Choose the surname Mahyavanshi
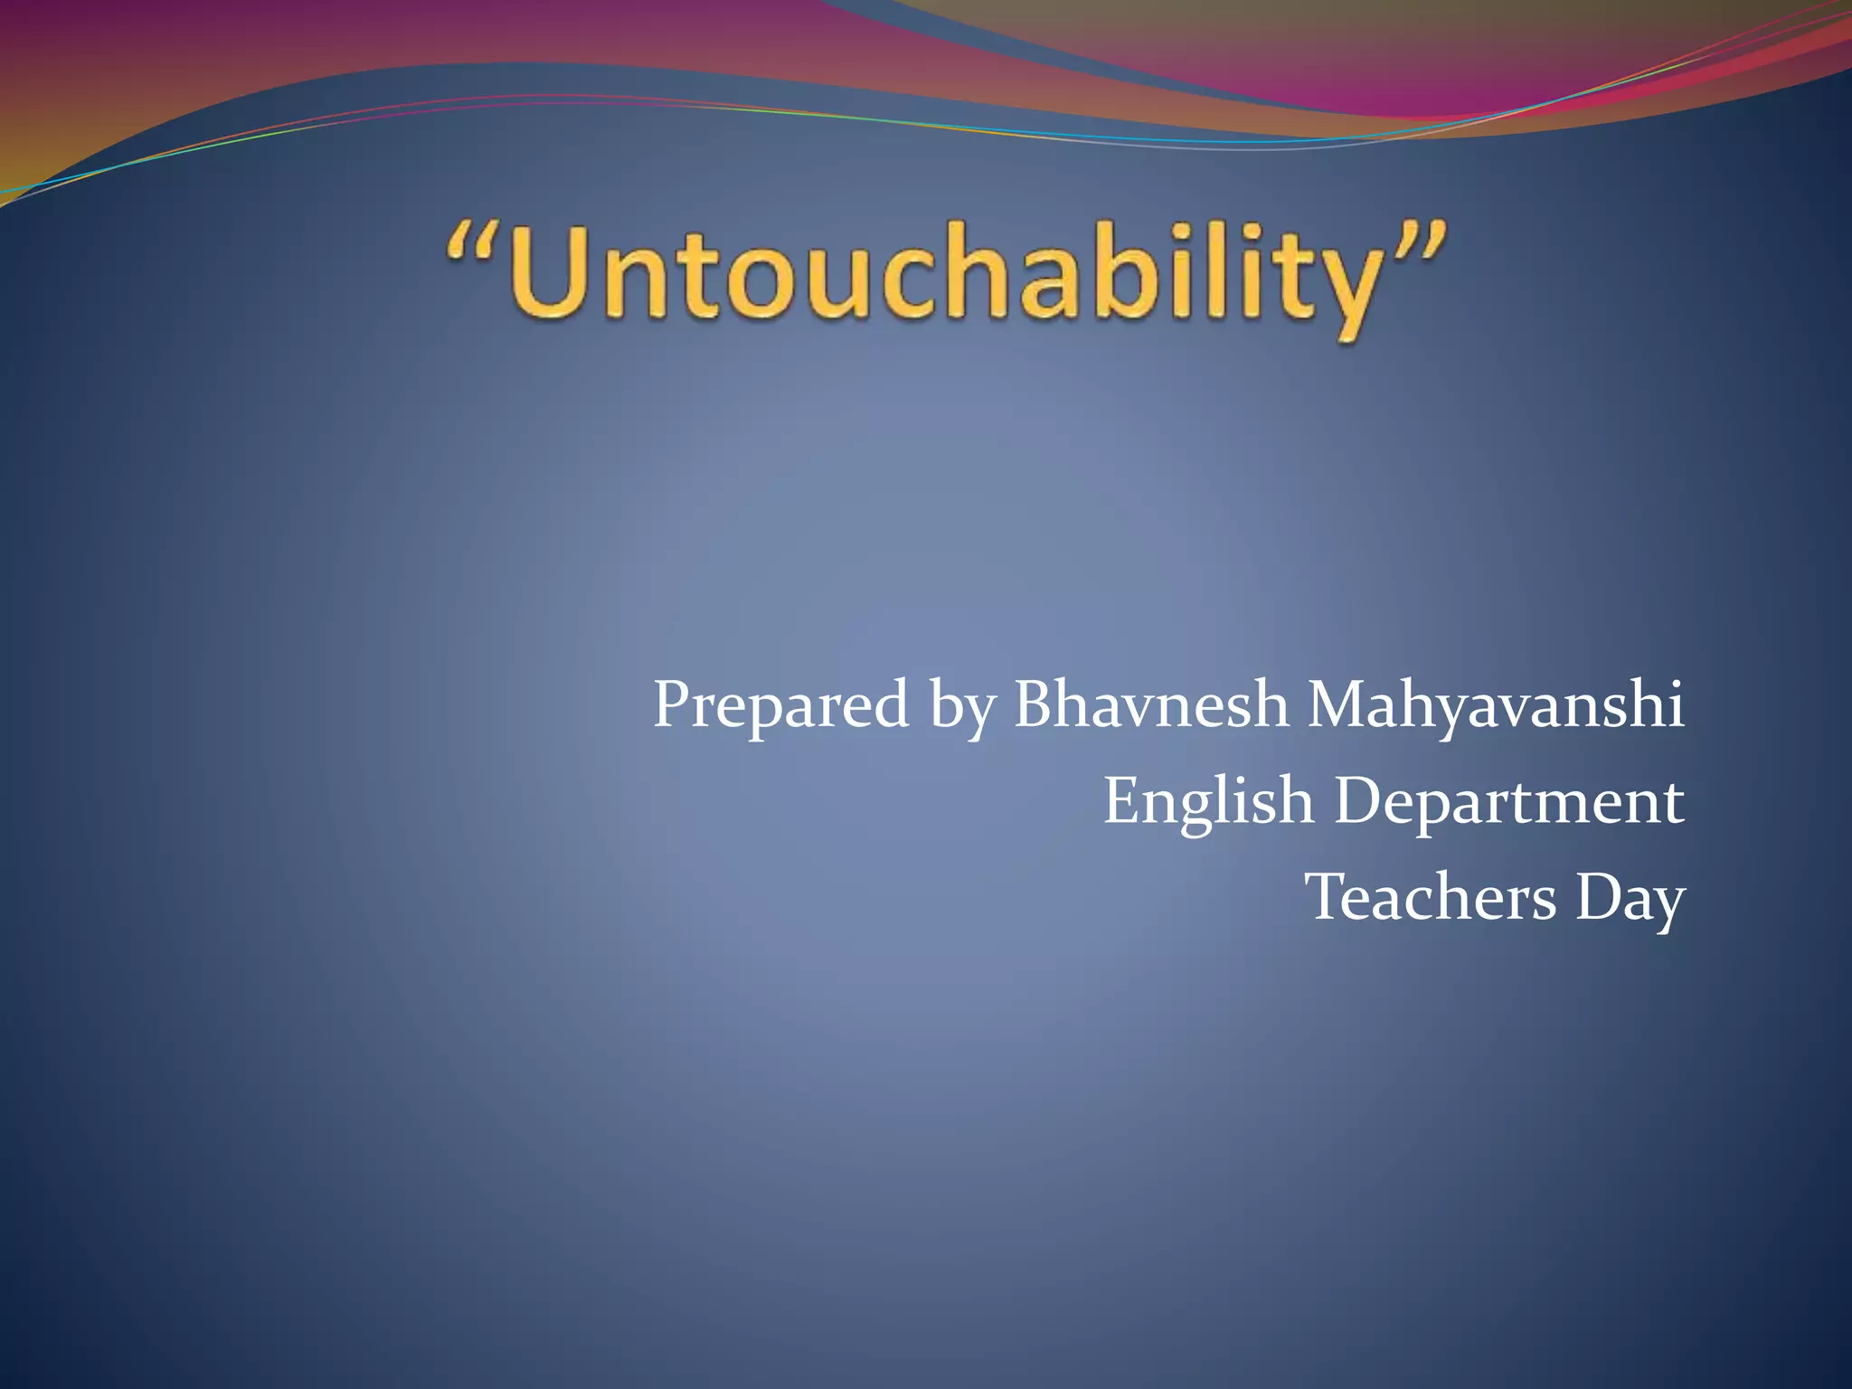click(1496, 705)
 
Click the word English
click(1208, 801)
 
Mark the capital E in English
click(1121, 800)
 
